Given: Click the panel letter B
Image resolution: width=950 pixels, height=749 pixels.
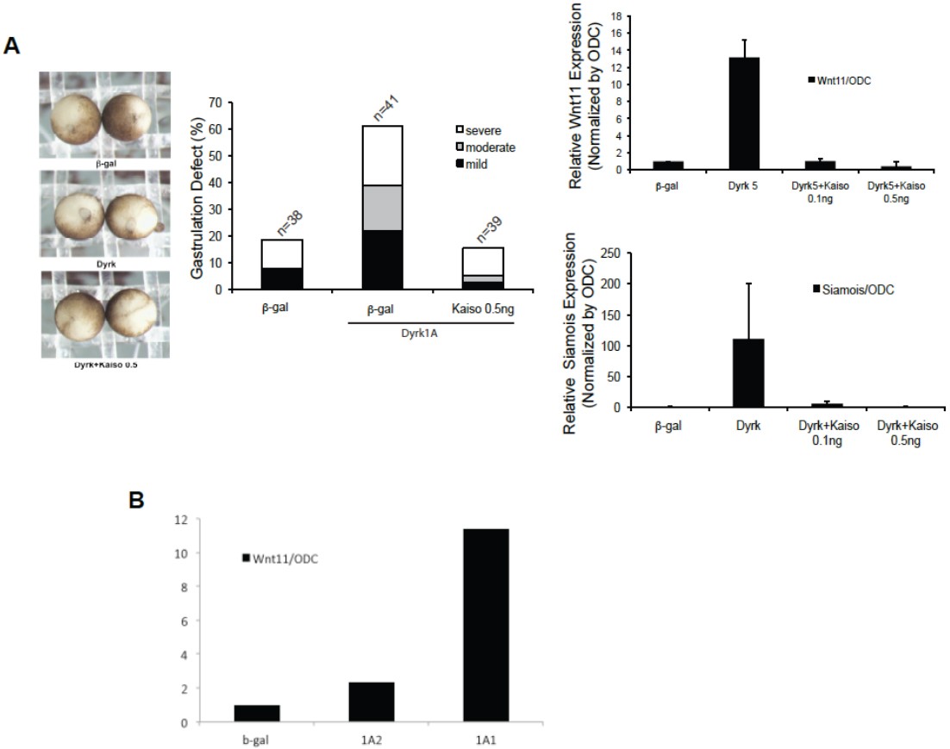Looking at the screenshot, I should pos(136,499).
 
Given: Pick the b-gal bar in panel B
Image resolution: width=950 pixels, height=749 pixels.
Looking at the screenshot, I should pos(256,714).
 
